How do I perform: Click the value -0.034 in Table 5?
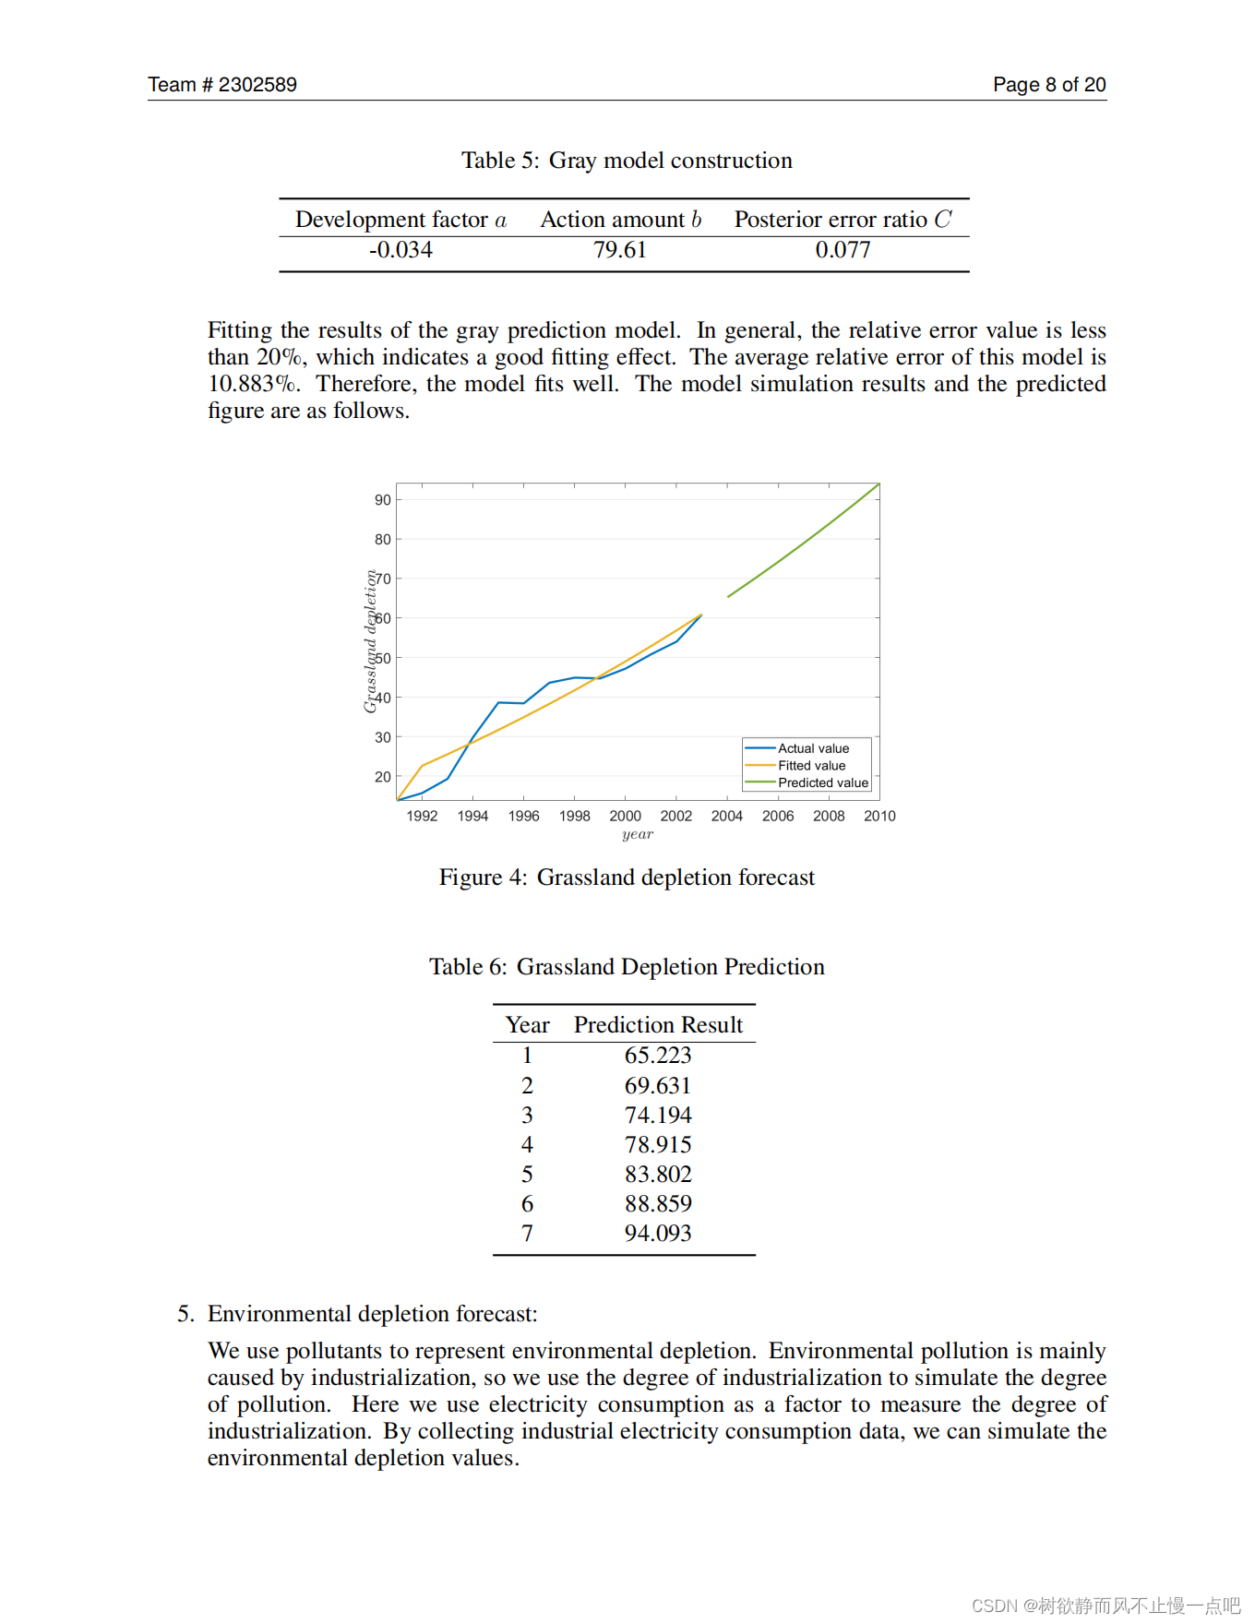(x=400, y=250)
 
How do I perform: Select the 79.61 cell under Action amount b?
(x=620, y=250)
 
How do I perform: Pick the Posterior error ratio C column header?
(x=843, y=220)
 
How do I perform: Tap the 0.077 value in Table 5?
(x=843, y=250)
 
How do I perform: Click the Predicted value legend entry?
(x=822, y=782)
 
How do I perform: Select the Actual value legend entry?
(x=813, y=748)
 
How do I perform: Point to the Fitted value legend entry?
(x=811, y=766)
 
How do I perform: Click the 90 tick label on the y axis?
(x=383, y=500)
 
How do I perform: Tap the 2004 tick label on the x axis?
(x=727, y=816)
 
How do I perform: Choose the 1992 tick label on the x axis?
(x=422, y=816)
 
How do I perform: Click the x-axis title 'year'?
(x=638, y=834)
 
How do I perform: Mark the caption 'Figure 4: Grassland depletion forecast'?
(x=627, y=878)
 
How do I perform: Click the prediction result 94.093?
(x=658, y=1234)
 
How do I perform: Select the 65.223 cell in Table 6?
(x=658, y=1056)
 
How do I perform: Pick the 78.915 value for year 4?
(x=658, y=1145)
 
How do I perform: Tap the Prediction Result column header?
(x=658, y=1025)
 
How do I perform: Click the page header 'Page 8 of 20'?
(x=1049, y=85)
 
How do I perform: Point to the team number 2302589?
(x=257, y=85)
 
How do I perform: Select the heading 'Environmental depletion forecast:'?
(x=372, y=1314)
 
